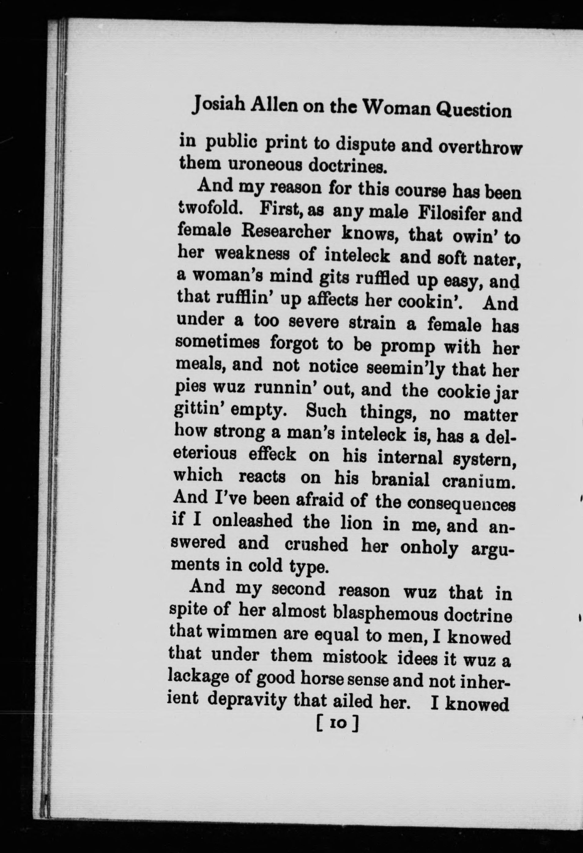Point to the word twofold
(x=209, y=210)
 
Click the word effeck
(x=272, y=455)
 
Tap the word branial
(x=400, y=479)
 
